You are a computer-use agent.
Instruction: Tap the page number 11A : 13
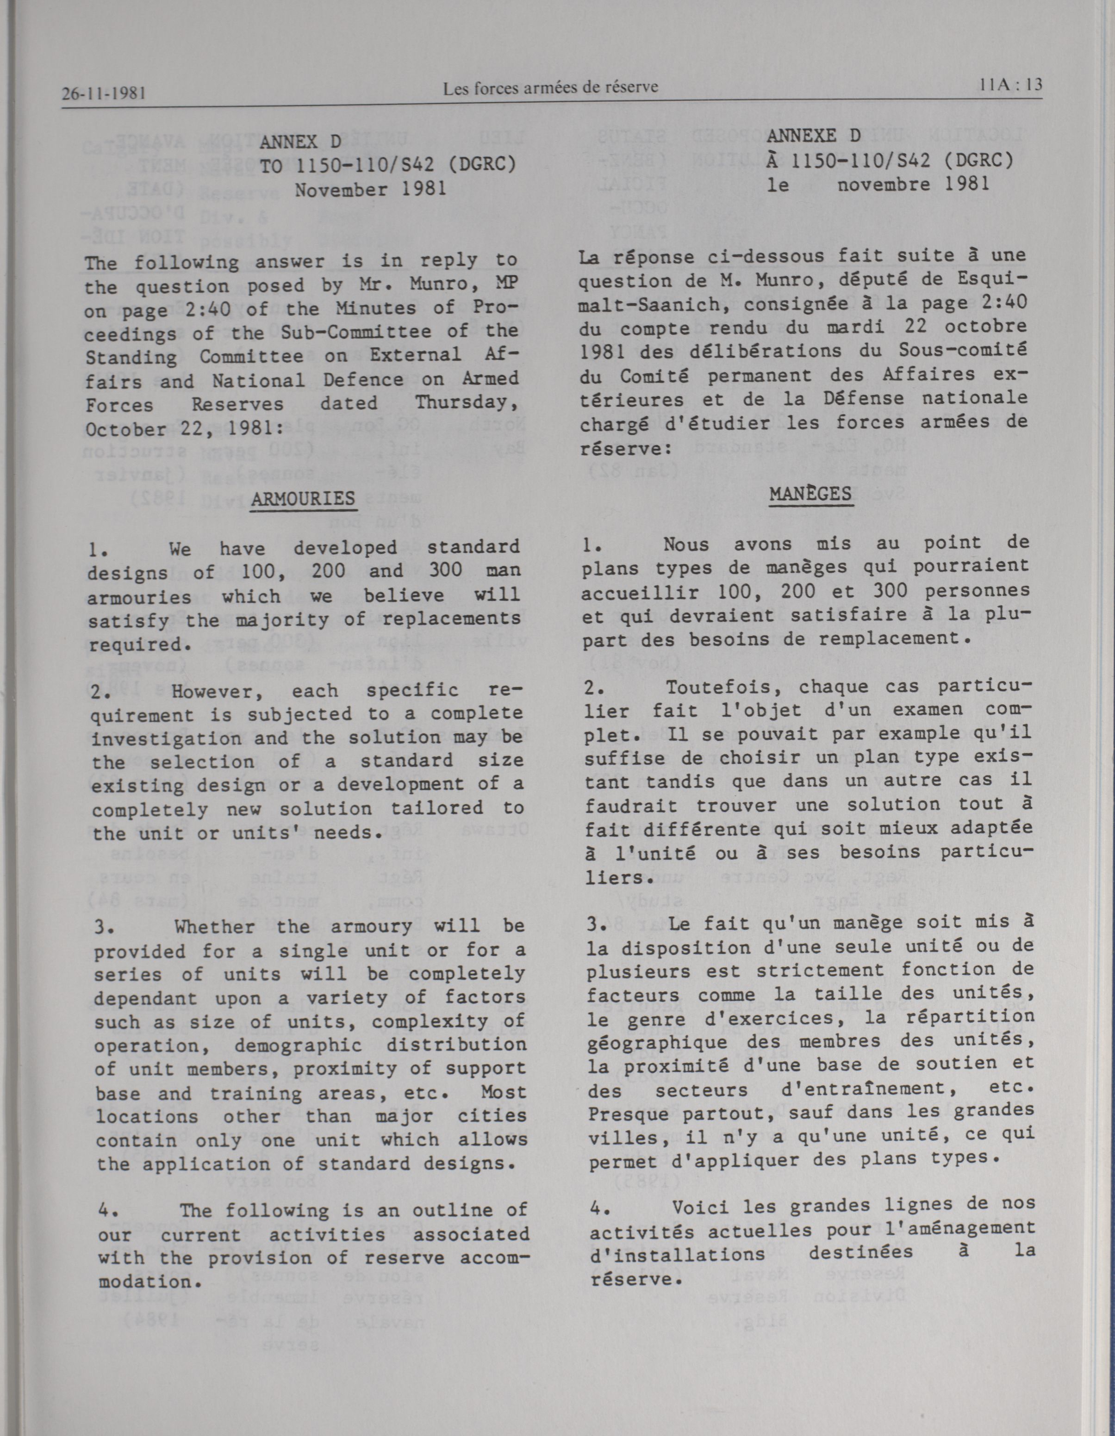tap(1010, 85)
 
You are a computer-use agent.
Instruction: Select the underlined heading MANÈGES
tap(810, 494)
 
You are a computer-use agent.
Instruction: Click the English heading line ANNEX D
tap(301, 142)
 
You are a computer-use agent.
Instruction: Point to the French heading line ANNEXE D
tap(814, 136)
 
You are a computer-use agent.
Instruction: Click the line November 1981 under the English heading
tap(371, 189)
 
